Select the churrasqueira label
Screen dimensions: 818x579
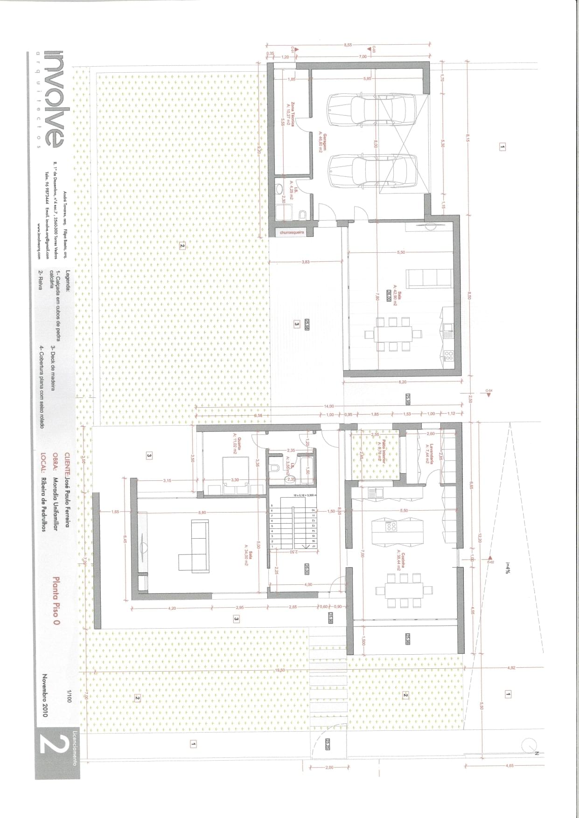[292, 232]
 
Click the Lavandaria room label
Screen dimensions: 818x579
[430, 452]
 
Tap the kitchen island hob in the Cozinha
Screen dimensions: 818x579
[392, 527]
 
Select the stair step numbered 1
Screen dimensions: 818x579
[272, 547]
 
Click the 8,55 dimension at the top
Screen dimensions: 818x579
[348, 45]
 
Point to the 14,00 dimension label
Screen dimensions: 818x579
[329, 406]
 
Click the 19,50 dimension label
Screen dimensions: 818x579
[280, 670]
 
